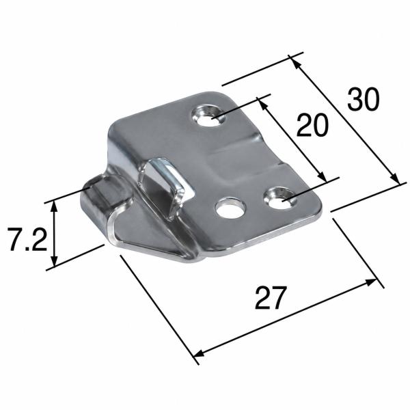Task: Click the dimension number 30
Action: [x=364, y=100]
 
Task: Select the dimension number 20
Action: [x=312, y=125]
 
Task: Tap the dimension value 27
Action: [x=271, y=298]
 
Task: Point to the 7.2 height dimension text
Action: [x=27, y=239]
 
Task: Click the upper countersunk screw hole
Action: [x=209, y=115]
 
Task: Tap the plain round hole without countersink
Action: [x=231, y=208]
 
